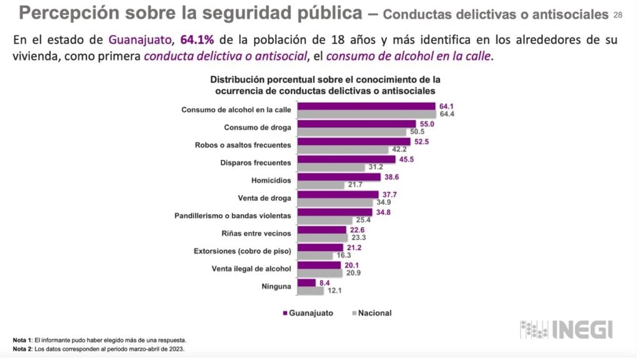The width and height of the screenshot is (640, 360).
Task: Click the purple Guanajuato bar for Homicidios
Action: coord(339,177)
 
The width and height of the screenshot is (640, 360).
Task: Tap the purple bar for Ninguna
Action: coord(306,282)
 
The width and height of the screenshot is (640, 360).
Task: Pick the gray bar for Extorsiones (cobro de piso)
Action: coord(315,256)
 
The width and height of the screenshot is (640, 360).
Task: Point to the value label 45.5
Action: coord(406,159)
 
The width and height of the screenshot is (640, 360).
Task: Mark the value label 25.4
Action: coord(363,220)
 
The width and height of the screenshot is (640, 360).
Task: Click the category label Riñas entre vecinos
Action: coord(256,234)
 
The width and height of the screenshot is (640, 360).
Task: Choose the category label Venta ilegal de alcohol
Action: coord(251,269)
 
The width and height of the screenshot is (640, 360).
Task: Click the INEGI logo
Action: coord(567,329)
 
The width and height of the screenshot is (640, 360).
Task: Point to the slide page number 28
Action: coord(618,14)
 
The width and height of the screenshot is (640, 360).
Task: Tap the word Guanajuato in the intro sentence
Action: coord(141,40)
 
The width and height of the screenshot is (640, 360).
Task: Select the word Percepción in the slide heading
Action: coord(68,12)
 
